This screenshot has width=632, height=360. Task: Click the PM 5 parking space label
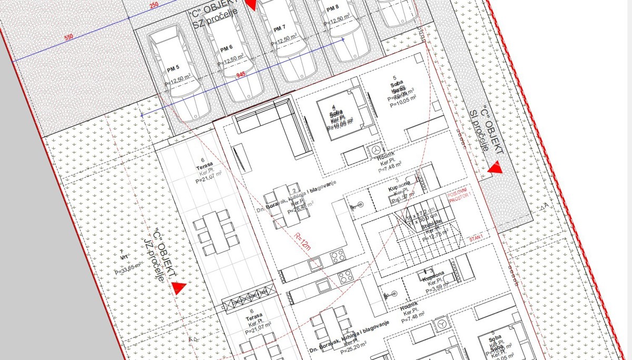(x=173, y=68)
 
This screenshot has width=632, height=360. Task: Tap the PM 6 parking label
(x=226, y=48)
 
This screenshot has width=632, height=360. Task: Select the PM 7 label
(x=280, y=27)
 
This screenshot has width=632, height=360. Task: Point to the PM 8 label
(x=332, y=8)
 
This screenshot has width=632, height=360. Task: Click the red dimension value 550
(x=68, y=38)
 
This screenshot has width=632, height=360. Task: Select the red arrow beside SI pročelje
(x=495, y=169)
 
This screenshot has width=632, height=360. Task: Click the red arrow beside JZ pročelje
(x=178, y=288)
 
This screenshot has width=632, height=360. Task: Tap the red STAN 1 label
(x=476, y=238)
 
